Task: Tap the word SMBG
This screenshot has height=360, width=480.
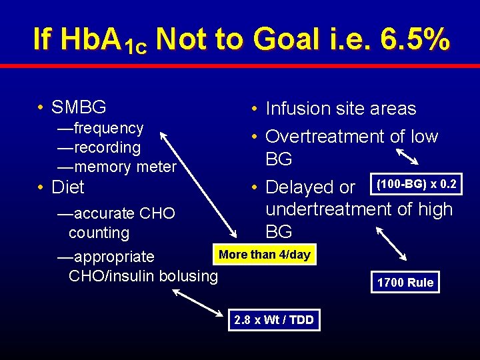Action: point(79,107)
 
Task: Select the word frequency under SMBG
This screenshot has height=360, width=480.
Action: point(109,127)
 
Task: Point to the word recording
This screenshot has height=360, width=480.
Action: point(107,147)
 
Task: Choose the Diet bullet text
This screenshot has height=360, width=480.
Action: point(68,187)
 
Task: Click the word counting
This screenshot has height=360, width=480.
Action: point(99,233)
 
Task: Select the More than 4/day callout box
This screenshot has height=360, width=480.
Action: point(265,255)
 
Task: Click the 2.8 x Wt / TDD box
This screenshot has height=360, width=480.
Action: point(273,319)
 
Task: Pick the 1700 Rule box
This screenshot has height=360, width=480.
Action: point(405,282)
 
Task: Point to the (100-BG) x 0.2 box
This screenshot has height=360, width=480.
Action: point(416,183)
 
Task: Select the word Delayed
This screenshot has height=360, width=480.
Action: point(301,187)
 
